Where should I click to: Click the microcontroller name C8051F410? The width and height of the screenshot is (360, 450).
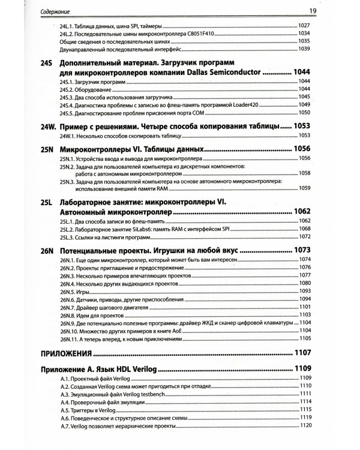tap(196, 34)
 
